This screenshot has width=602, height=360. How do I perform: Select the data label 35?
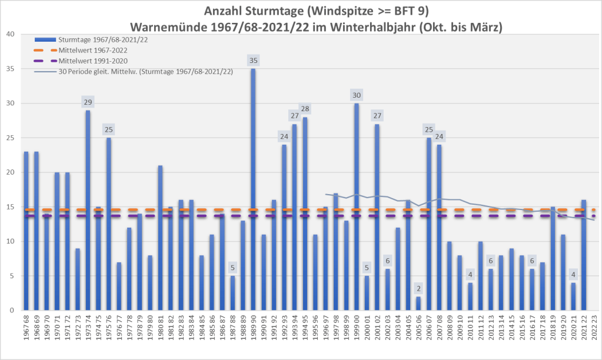253,61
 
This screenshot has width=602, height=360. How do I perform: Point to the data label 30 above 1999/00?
357,95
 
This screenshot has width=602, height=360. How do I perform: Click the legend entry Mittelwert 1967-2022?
90,50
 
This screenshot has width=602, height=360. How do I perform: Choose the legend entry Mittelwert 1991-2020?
90,61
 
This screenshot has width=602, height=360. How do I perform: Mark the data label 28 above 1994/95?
305,109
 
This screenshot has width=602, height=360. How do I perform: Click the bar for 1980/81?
160,238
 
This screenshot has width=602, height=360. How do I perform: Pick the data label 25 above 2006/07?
429,129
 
